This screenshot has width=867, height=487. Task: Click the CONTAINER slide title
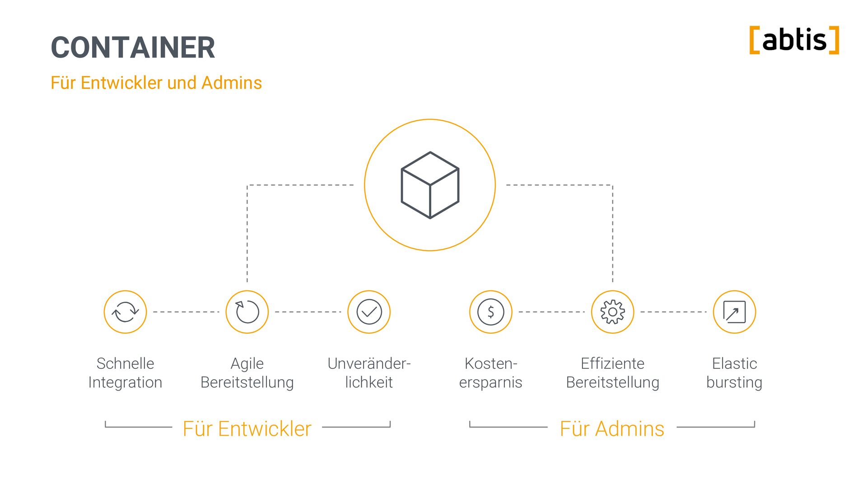(x=133, y=47)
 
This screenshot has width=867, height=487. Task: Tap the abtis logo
(x=794, y=40)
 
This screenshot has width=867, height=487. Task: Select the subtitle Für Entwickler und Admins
(x=156, y=83)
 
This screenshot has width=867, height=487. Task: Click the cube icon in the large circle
(x=430, y=185)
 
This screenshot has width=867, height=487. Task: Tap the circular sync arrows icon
(x=125, y=312)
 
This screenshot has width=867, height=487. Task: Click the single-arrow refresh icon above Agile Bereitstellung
(x=247, y=312)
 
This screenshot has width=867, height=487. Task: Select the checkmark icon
(x=369, y=312)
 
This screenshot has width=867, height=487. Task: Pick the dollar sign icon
(x=491, y=312)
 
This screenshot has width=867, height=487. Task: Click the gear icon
(x=613, y=312)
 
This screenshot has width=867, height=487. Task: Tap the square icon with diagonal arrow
(x=734, y=312)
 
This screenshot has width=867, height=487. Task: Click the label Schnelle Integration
(x=125, y=373)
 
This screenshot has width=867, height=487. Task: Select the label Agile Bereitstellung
(x=247, y=373)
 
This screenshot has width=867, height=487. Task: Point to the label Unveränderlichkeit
(x=369, y=373)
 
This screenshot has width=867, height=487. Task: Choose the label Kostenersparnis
(x=491, y=373)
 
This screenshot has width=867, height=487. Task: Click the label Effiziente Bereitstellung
(x=613, y=373)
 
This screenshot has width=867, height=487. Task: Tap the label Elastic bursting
(x=734, y=373)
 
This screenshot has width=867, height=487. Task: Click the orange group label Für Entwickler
(x=247, y=429)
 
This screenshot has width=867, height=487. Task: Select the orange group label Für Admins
(x=612, y=429)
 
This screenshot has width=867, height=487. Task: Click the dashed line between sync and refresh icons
(x=186, y=312)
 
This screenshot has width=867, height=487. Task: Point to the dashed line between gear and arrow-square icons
(x=673, y=312)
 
